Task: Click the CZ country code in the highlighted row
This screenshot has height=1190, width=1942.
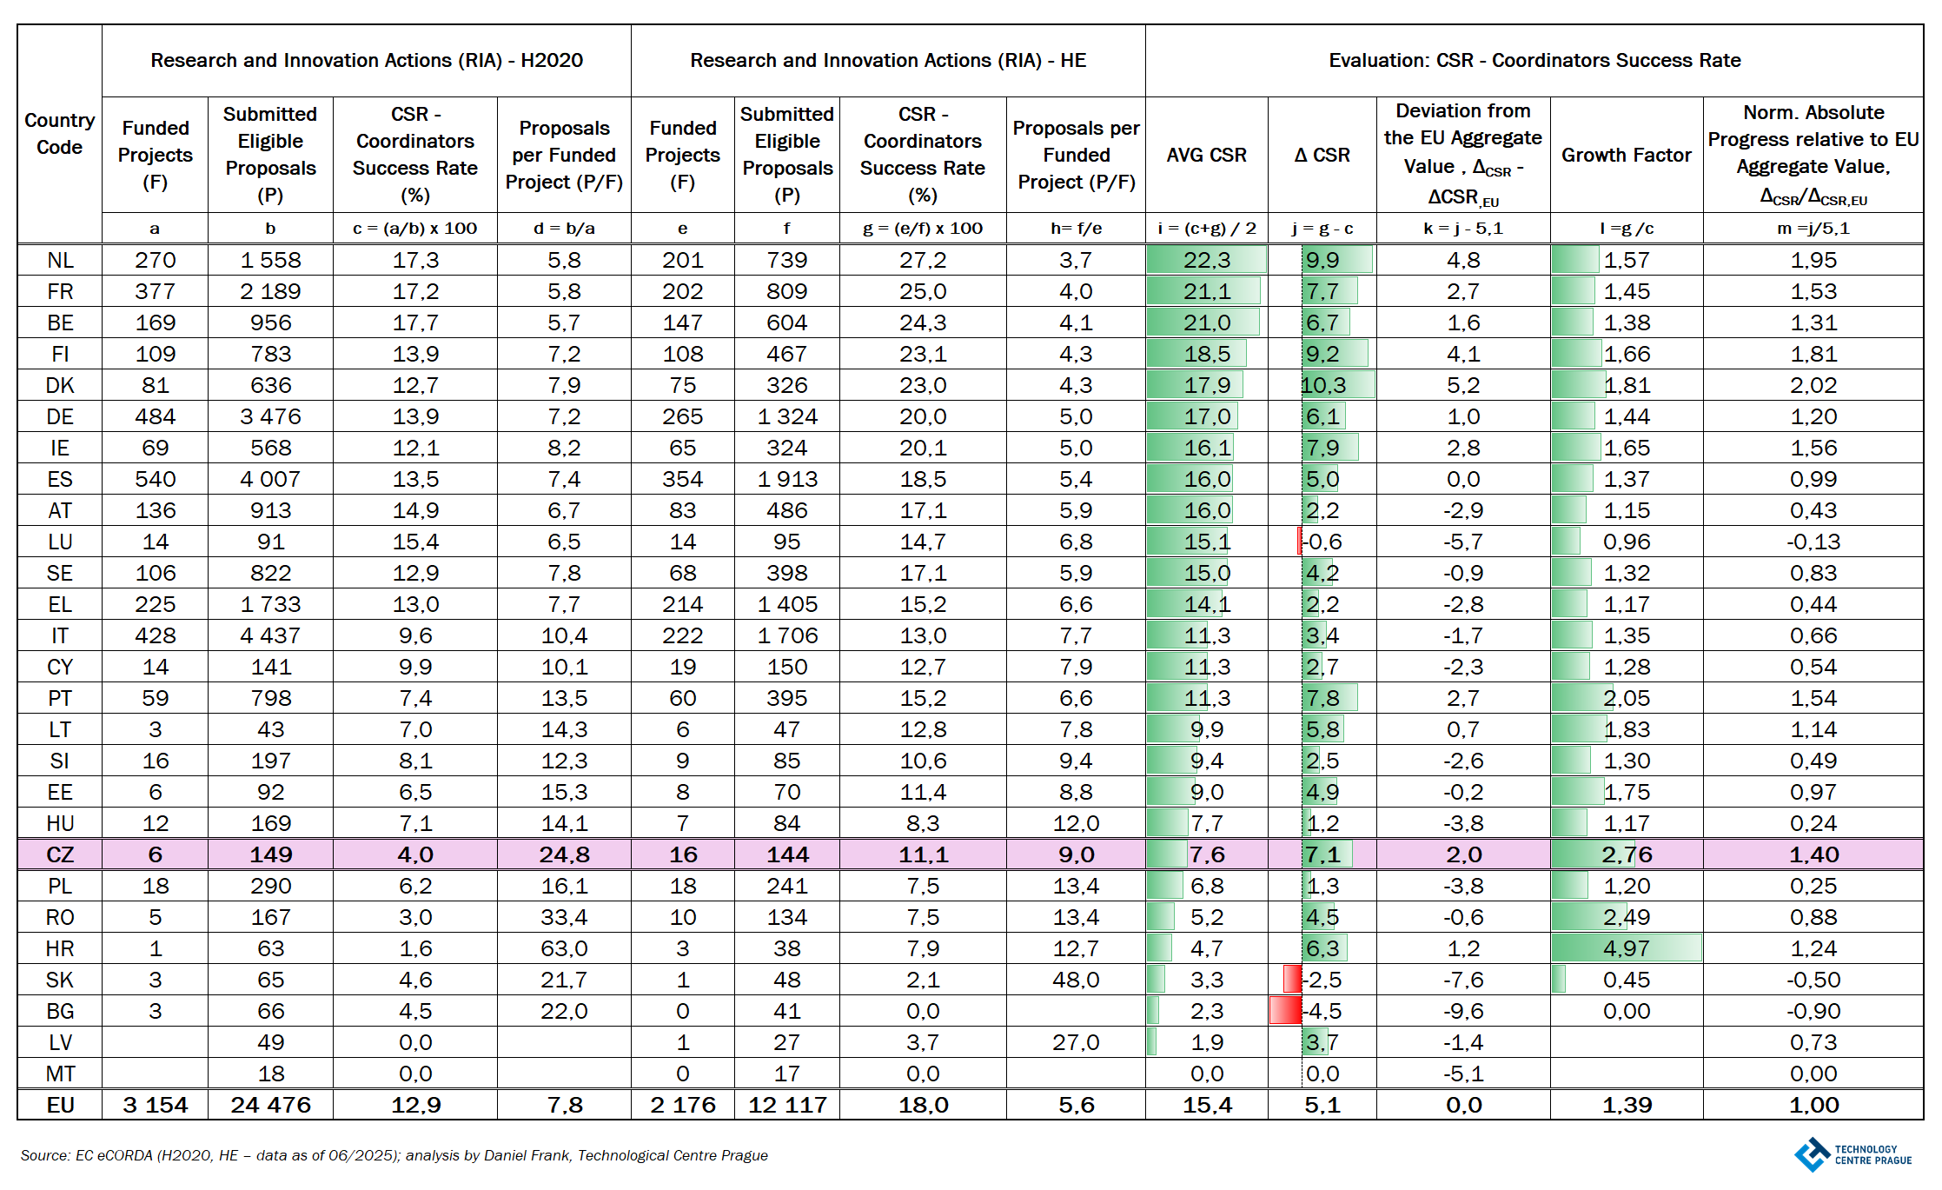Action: coord(60,854)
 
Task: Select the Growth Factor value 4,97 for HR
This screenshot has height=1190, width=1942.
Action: coord(1626,948)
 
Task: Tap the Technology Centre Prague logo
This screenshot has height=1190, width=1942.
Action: coord(1853,1154)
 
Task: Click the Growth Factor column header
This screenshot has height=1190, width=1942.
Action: coord(1626,155)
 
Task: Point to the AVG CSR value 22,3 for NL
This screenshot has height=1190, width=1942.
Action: coord(1207,260)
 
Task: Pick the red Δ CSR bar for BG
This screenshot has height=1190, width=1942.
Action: coord(1285,1011)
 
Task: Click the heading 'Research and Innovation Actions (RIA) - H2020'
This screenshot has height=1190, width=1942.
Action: coord(367,60)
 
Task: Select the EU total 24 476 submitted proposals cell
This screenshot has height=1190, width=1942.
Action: coord(270,1105)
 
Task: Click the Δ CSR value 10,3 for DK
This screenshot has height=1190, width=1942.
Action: coord(1323,385)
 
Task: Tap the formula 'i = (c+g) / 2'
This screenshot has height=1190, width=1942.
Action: coord(1207,229)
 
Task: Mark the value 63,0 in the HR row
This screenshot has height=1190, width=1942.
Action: coord(564,948)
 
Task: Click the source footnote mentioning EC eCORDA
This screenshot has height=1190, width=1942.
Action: coord(394,1155)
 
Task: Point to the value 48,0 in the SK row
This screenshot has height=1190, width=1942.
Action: coord(1076,980)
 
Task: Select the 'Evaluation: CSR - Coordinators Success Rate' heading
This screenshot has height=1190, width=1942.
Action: coord(1534,60)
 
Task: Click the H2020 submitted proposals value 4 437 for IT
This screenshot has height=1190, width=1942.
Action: coord(270,635)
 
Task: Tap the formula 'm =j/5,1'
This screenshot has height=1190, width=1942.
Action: coord(1813,229)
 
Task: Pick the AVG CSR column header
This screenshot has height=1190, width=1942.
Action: coord(1207,155)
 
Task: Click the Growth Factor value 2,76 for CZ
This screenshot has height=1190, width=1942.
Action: coord(1626,854)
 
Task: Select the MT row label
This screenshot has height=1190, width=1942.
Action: coord(60,1074)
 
